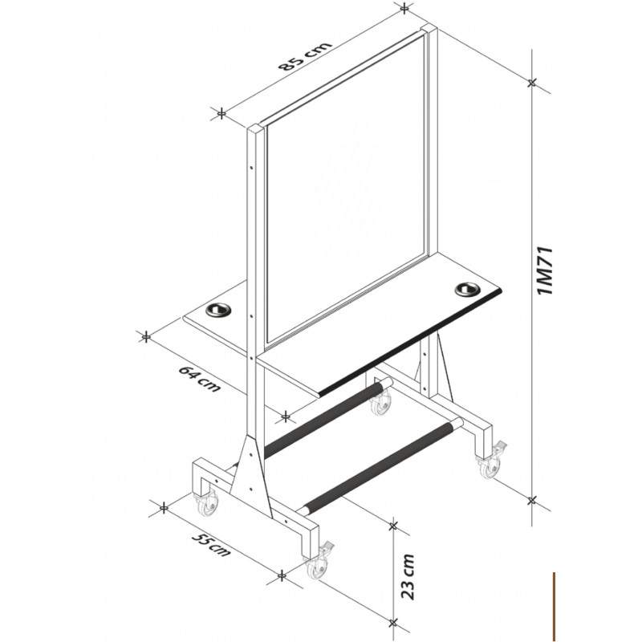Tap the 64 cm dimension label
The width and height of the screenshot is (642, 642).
pos(199,379)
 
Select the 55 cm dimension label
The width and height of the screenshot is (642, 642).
pos(210,544)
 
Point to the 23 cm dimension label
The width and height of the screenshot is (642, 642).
pos(408,576)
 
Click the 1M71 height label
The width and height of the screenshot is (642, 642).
pos(546,270)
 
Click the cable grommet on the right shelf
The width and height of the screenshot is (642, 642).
pos(467,289)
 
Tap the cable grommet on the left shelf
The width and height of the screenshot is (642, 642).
pos(218,310)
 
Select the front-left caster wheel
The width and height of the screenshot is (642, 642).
pos(207,503)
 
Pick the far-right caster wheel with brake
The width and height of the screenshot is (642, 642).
pos(491,461)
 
